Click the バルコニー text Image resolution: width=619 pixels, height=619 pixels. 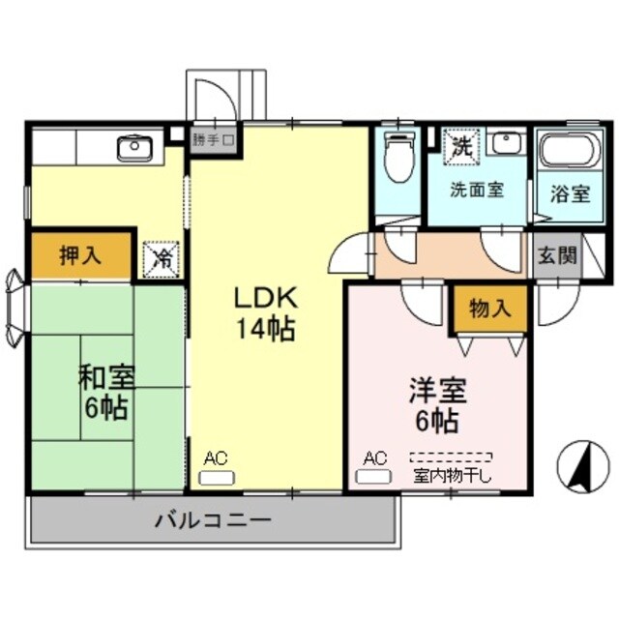pyautogui.click(x=213, y=520)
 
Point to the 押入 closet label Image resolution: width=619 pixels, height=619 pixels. pyautogui.click(x=78, y=256)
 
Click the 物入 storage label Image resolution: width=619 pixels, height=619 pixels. pyautogui.click(x=490, y=309)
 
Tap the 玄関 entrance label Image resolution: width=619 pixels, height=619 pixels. pyautogui.click(x=557, y=256)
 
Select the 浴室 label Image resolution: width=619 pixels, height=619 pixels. pyautogui.click(x=570, y=192)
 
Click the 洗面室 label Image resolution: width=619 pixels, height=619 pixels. pyautogui.click(x=477, y=190)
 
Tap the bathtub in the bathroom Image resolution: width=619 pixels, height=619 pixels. pyautogui.click(x=570, y=152)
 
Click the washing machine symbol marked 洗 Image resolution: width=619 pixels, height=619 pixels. pyautogui.click(x=460, y=147)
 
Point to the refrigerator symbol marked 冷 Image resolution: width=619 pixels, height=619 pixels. pyautogui.click(x=162, y=257)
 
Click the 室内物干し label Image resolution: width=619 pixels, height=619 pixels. pyautogui.click(x=453, y=475)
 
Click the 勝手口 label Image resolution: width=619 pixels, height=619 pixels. pyautogui.click(x=212, y=138)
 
